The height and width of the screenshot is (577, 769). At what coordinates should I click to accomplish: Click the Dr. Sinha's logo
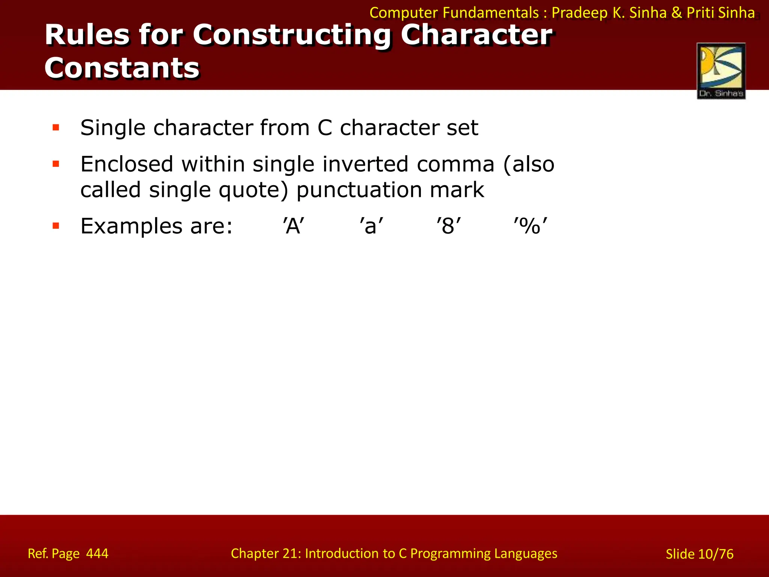721,71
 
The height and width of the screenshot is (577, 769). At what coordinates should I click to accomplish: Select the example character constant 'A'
294,227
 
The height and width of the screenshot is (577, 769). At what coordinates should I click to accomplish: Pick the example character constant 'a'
371,227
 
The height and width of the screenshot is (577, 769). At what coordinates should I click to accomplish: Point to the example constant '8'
448,227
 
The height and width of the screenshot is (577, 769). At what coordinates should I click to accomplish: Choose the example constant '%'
530,227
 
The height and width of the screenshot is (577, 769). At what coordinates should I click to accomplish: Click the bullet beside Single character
56,128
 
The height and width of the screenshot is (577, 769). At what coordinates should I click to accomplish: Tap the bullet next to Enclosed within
56,164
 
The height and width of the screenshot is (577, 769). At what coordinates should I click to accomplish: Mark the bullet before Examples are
56,226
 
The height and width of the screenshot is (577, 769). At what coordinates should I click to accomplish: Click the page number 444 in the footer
97,553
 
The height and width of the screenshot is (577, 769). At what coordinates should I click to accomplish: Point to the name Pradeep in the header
579,13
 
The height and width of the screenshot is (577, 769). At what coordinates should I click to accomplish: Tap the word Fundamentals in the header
490,13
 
